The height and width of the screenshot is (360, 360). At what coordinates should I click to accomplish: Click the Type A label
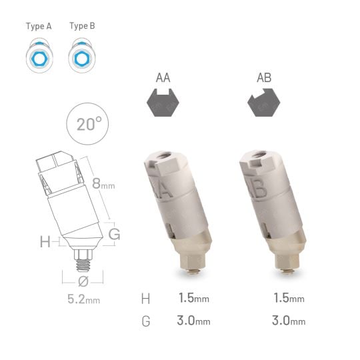(x=39, y=27)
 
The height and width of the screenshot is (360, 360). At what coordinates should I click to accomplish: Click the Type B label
(x=82, y=27)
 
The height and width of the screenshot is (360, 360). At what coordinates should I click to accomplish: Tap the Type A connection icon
(x=39, y=57)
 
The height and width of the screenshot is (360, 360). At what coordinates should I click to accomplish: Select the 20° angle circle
(x=88, y=124)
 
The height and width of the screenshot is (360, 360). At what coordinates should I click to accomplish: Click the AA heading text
(x=163, y=78)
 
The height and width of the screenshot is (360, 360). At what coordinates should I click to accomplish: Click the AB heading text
(x=264, y=78)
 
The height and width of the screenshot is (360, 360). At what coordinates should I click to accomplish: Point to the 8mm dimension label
(x=103, y=184)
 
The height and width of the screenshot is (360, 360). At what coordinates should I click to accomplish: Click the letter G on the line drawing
(x=114, y=234)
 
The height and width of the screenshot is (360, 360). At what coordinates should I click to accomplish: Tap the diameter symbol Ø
(x=83, y=281)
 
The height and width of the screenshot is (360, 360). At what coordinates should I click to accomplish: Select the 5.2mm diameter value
(x=83, y=299)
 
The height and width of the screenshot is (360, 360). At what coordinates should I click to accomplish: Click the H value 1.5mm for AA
(x=194, y=299)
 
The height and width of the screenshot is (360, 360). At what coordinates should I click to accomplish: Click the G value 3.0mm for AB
(x=289, y=321)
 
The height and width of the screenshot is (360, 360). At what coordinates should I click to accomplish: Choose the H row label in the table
(x=145, y=299)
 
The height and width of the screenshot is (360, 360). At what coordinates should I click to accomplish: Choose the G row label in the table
(x=145, y=321)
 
